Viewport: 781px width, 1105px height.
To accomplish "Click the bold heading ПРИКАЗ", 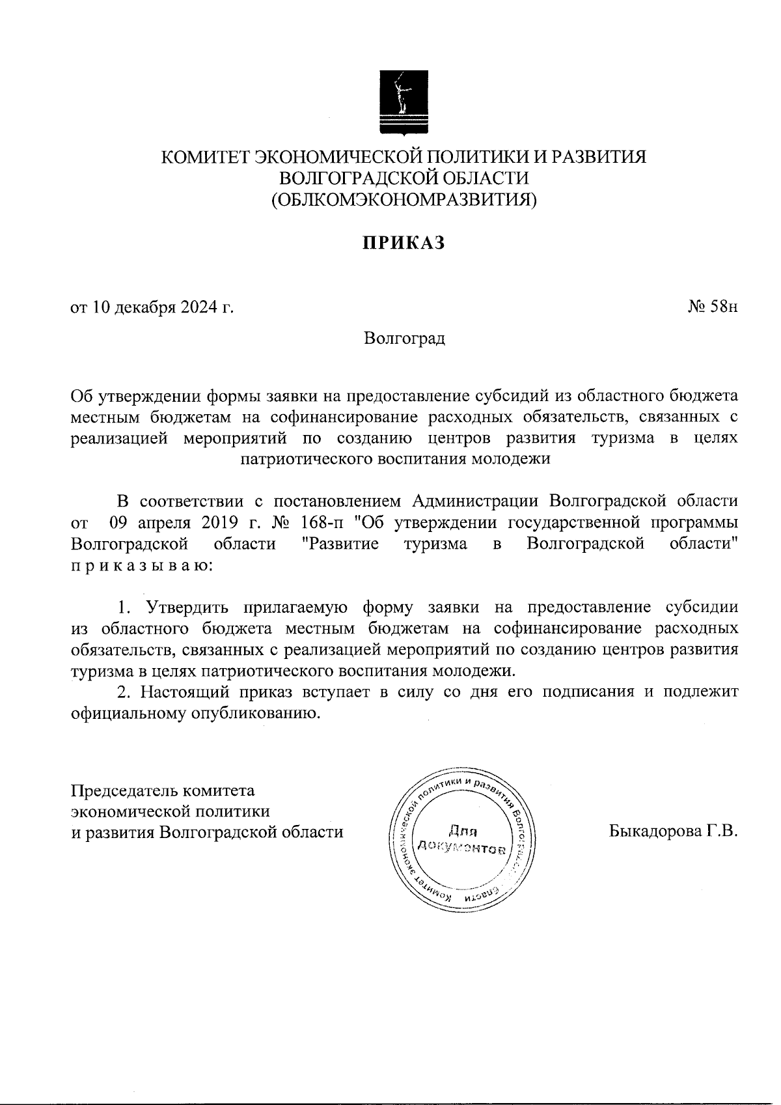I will pos(404,243).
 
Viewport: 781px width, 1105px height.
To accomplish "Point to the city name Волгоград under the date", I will pos(404,339).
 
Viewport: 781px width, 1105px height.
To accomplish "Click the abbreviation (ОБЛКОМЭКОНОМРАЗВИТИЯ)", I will pos(404,199).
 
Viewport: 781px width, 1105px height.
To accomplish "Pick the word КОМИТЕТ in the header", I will pos(204,158).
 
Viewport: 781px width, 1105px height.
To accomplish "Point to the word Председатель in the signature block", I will pos(123,790).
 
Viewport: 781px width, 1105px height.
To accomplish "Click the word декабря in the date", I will pos(141,307).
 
